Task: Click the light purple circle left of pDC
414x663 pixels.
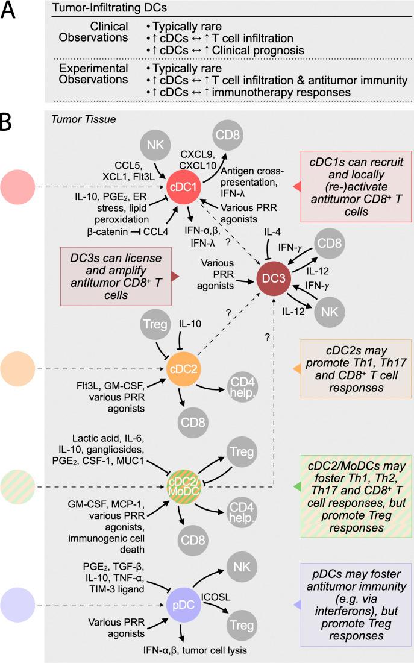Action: click(20, 606)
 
